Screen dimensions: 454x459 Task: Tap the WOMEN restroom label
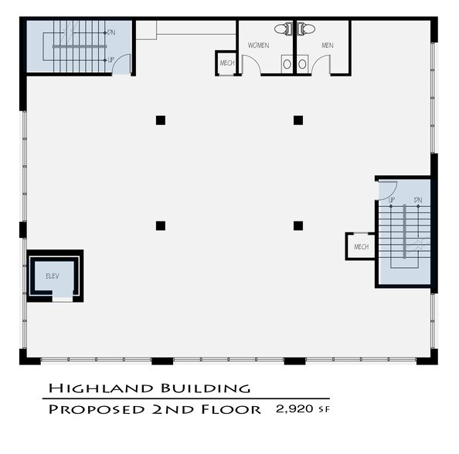click(x=258, y=46)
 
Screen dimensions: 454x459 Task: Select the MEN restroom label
click(x=328, y=46)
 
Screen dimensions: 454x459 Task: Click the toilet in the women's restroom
click(x=287, y=29)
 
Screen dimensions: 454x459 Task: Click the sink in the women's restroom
click(x=287, y=65)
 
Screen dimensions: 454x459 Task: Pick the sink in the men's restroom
click(x=303, y=65)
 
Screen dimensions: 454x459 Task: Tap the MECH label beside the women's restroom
click(x=226, y=63)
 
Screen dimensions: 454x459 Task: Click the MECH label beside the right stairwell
click(x=360, y=247)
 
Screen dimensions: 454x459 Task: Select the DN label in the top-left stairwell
click(x=111, y=32)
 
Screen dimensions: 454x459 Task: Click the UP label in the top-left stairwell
click(x=111, y=59)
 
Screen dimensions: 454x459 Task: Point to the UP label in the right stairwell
click(x=392, y=201)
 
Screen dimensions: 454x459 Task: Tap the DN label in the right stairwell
click(x=417, y=201)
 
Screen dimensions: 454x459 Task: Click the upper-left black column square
click(x=160, y=120)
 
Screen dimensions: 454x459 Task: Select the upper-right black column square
click(x=297, y=120)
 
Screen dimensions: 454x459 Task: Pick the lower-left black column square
click(x=160, y=225)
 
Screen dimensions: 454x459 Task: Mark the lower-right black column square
click(x=297, y=225)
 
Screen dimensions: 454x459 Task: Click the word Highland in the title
click(x=92, y=388)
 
